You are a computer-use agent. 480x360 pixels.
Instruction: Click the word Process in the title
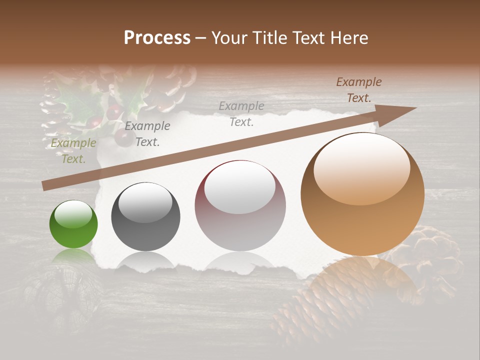[x=157, y=38]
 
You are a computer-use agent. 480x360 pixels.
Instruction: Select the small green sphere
[x=73, y=224]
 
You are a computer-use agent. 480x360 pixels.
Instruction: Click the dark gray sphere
[x=145, y=217]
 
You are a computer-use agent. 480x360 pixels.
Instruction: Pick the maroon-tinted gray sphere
[x=240, y=206]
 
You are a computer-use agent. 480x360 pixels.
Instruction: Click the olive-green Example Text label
[x=73, y=151]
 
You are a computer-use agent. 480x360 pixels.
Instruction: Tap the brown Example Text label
[x=359, y=90]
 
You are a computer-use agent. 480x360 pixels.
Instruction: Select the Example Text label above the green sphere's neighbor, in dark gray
[x=147, y=134]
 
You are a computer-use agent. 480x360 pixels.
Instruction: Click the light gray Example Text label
[x=241, y=113]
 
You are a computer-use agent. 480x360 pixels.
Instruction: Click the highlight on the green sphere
[x=73, y=215]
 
